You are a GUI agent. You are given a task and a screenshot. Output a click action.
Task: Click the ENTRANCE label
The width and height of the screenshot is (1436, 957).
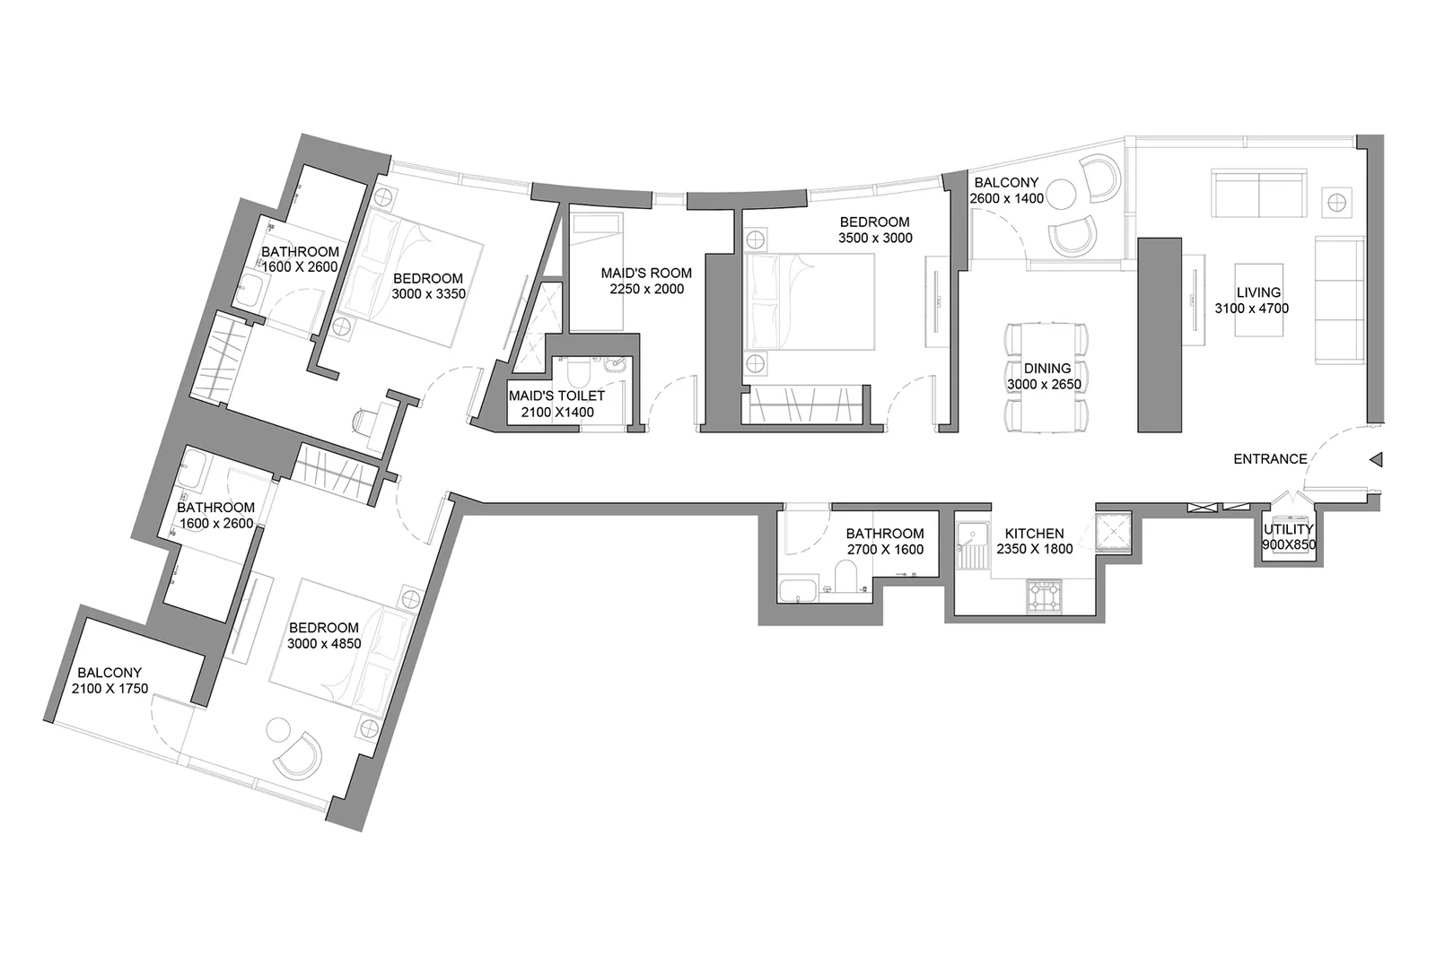pos(1270,458)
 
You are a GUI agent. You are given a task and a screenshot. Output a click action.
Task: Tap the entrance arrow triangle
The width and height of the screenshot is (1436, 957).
pos(1377,459)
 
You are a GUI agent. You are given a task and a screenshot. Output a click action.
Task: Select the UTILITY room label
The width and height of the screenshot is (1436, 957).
pos(1289,529)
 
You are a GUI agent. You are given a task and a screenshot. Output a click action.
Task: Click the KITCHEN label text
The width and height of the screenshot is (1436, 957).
pos(1034,533)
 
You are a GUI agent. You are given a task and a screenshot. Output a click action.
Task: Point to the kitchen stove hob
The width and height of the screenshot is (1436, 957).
pos(1045,597)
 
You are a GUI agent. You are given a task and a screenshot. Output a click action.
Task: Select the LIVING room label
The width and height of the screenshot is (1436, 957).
pos(1258,292)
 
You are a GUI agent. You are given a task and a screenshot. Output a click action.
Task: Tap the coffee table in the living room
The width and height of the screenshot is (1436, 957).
pos(1258,300)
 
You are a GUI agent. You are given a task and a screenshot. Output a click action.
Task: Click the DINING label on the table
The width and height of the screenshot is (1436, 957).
pos(1046,369)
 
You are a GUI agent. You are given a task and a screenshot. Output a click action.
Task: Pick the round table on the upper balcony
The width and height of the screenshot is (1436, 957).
pos(1060,194)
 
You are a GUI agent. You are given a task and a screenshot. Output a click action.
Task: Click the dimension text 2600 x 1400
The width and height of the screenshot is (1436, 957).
pos(1006,198)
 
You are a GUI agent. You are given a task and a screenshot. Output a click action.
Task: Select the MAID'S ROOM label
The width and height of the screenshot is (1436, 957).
pos(646,273)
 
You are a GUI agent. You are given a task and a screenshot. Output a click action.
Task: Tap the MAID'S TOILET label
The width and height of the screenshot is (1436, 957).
pos(556,396)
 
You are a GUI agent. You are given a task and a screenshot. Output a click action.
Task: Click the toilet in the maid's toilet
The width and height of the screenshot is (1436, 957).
pos(580,373)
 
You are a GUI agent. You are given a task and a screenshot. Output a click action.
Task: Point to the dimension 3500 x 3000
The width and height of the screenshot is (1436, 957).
pos(875,238)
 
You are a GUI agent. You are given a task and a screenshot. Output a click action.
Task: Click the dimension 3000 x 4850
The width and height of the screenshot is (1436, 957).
pos(324,644)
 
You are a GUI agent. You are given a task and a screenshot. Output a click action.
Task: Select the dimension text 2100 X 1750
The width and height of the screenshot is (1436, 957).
pos(109,689)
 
